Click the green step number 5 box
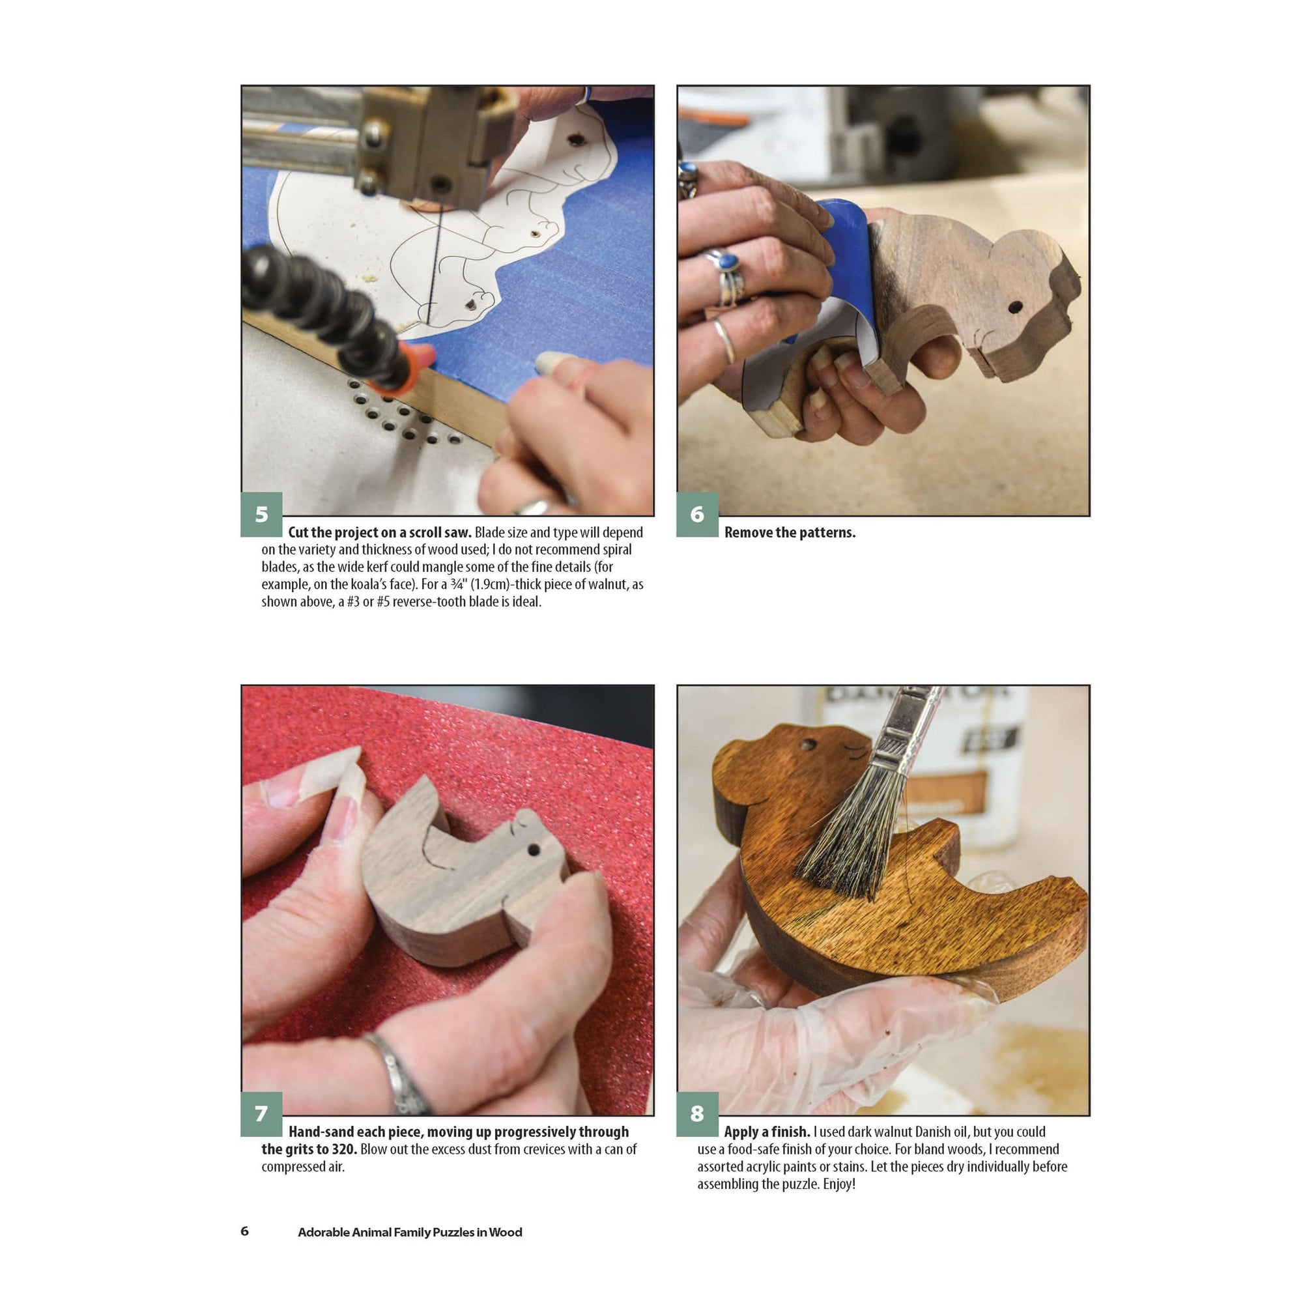pyautogui.click(x=261, y=514)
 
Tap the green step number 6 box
pyautogui.click(x=696, y=514)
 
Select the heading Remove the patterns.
pyautogui.click(x=790, y=533)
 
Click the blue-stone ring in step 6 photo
pyautogui.click(x=727, y=260)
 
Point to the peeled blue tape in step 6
pyautogui.click(x=843, y=260)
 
